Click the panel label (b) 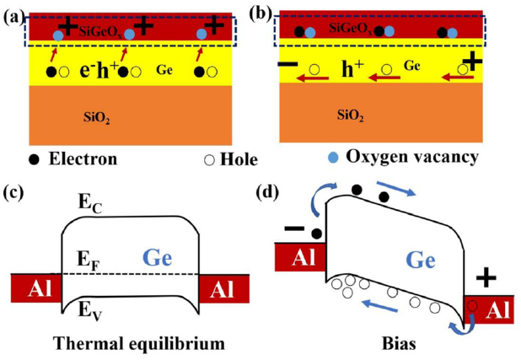[x=266, y=14]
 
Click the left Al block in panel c [x=35, y=289]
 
